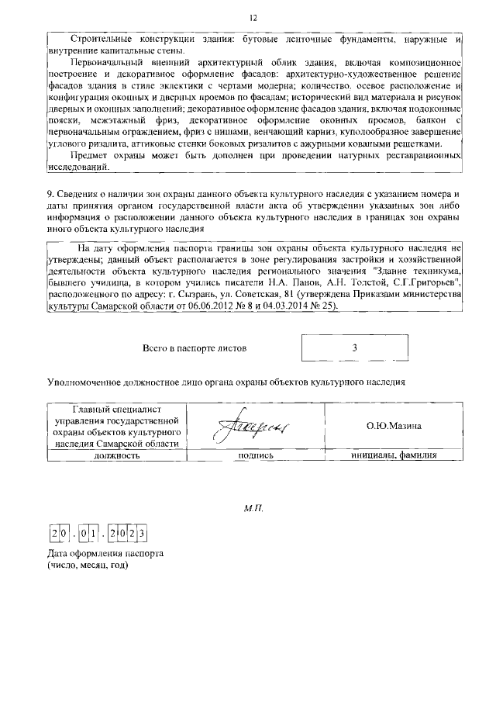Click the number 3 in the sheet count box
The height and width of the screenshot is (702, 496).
(354, 348)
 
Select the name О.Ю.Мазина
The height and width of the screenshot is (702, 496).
(394, 426)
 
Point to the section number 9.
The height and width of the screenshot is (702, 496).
(50, 192)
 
